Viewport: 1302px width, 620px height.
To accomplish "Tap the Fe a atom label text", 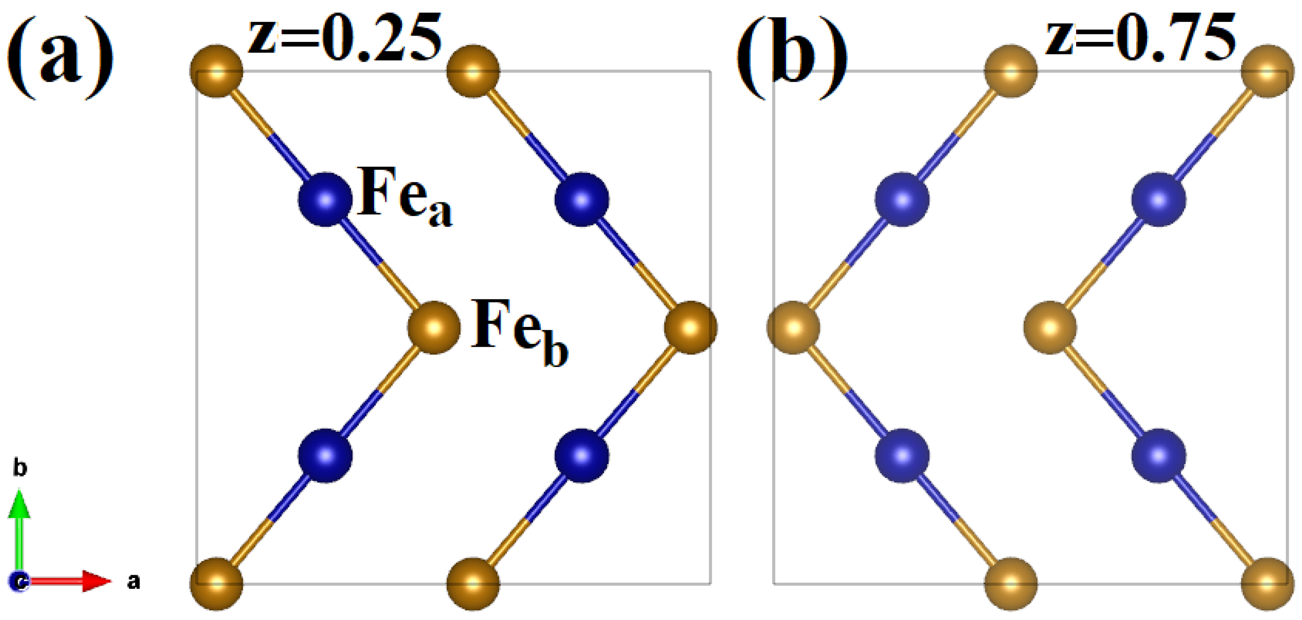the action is pos(405,197).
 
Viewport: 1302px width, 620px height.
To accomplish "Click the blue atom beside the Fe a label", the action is pos(325,199).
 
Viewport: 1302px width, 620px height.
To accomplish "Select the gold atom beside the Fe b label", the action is pos(434,327).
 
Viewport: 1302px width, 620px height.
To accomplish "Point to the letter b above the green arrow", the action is pos(20,467).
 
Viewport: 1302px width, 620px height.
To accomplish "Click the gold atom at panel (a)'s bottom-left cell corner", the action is pos(216,584).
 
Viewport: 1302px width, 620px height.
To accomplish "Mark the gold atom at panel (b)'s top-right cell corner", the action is pos(1268,71).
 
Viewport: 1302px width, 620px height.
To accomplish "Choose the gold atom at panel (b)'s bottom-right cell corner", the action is pos(1268,584).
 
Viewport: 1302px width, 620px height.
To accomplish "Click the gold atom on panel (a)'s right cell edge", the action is pos(690,327).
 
